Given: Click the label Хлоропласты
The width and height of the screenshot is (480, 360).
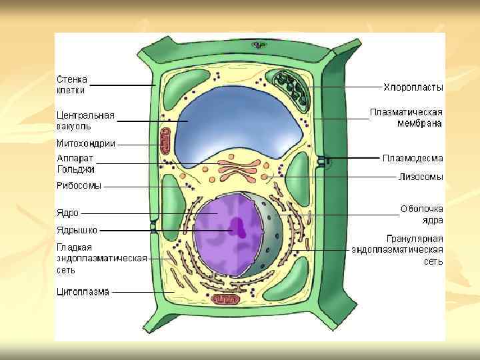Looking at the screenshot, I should (x=413, y=87).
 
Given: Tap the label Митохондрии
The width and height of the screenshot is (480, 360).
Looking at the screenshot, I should (x=85, y=143).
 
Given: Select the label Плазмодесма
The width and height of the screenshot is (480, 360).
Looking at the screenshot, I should (x=412, y=158).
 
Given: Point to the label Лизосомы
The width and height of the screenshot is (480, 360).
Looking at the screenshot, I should (x=421, y=177).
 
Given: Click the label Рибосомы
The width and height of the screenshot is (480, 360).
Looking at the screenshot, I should (x=79, y=186).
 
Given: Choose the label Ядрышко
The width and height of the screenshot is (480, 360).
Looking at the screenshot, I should (x=77, y=230).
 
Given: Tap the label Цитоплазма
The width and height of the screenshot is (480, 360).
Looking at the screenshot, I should (x=82, y=291).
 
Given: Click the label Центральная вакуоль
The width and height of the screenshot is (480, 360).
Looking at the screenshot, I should (x=85, y=120).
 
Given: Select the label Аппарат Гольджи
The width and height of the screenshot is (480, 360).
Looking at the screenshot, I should (x=75, y=164).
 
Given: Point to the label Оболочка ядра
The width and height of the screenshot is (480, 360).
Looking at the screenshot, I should (x=421, y=214).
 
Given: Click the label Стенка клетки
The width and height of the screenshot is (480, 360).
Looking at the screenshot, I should (x=71, y=85).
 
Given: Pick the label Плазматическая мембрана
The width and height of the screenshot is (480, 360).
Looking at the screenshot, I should (x=407, y=117).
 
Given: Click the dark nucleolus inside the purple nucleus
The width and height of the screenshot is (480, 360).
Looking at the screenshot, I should (x=238, y=229).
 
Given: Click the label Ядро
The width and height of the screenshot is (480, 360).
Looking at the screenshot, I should (x=67, y=213).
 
